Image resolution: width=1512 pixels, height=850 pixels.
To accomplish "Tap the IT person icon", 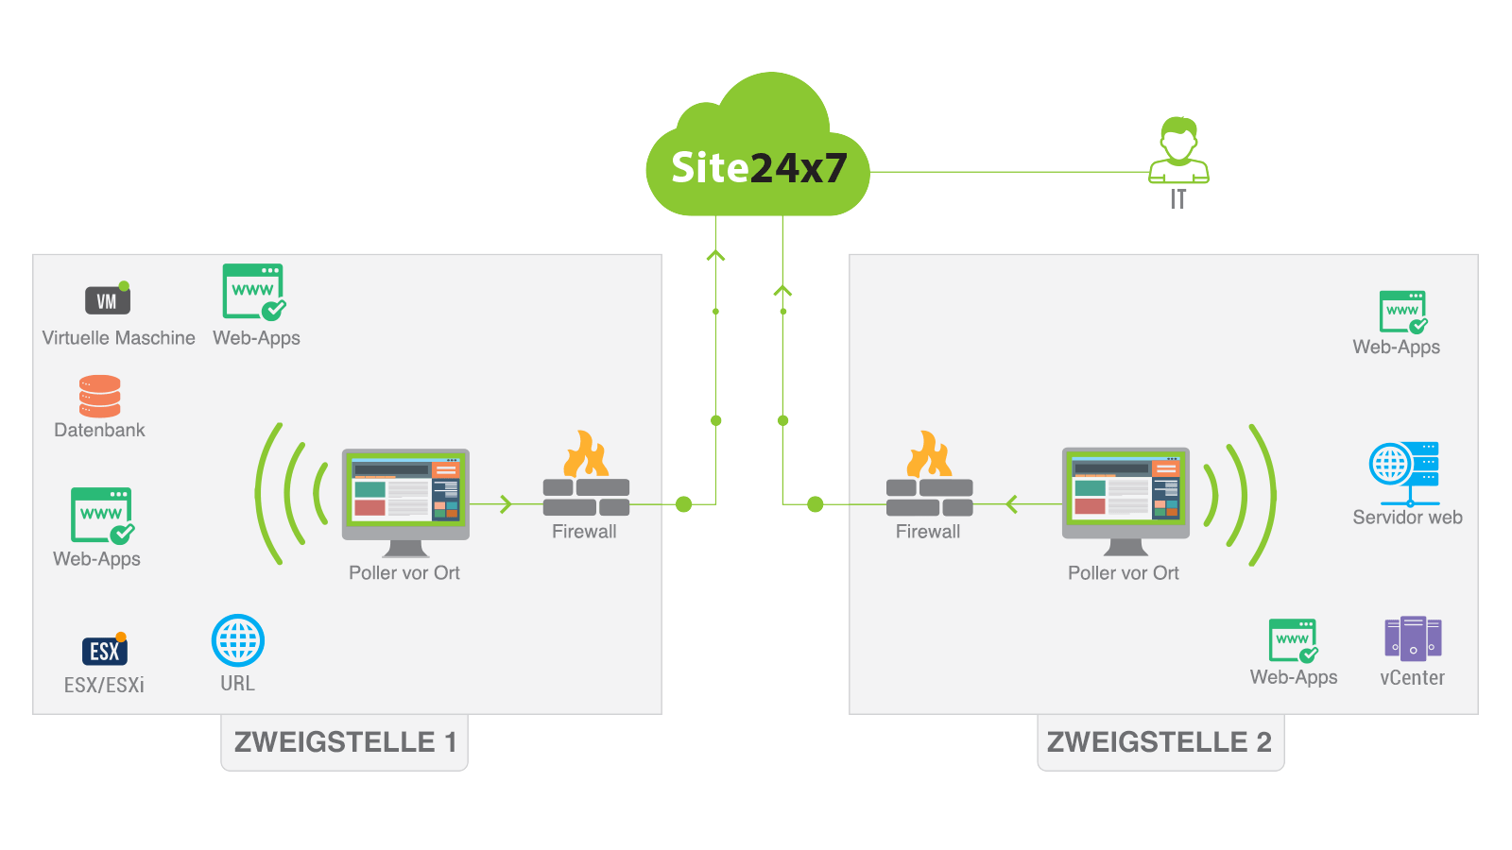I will point(1178,151).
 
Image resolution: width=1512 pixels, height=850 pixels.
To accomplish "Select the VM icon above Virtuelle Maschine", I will point(108,300).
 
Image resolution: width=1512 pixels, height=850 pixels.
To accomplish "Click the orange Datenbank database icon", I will point(99,397).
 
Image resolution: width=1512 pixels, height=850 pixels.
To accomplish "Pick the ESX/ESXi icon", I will point(104,651).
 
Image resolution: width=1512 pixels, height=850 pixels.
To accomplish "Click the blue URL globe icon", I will point(238,641).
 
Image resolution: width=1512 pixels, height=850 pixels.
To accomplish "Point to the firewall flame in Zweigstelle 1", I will point(586,454).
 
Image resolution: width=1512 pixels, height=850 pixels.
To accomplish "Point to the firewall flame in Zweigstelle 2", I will point(929,454).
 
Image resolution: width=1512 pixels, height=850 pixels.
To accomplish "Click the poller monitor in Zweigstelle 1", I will point(405,497).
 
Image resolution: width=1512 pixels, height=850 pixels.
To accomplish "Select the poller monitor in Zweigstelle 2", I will point(1125,497).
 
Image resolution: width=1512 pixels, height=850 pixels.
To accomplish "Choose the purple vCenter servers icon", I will point(1413,638).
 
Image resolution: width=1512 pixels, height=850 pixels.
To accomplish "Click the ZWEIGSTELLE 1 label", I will point(345,742).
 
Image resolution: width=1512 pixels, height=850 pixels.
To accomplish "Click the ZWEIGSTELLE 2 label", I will point(1160,742).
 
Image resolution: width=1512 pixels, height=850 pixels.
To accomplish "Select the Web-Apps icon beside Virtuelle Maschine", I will point(254,292).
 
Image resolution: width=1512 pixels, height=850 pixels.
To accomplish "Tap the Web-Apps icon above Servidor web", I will point(1403,313).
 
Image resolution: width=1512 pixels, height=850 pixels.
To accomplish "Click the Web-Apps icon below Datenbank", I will point(102,516).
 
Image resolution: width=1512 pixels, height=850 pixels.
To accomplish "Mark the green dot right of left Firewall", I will point(684,504).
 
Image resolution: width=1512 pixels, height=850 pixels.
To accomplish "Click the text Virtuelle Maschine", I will point(118,338).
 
